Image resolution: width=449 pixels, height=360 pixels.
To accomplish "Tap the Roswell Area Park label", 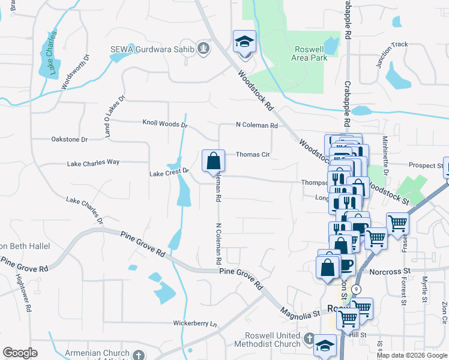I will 311,53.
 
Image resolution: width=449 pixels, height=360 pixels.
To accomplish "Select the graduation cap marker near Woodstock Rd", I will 244,43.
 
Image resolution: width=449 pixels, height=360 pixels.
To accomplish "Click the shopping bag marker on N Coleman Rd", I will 213,161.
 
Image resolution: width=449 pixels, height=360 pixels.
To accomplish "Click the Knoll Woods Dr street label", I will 165,125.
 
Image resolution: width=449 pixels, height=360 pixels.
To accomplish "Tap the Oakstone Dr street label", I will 70,139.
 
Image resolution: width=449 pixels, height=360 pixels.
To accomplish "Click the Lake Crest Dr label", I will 169,173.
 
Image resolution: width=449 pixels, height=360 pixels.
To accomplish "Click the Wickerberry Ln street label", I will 194,323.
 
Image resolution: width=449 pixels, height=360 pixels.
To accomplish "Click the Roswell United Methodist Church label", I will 273,340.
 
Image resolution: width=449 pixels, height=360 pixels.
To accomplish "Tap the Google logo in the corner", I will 20,353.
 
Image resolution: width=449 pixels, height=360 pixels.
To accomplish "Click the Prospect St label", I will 425,165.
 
